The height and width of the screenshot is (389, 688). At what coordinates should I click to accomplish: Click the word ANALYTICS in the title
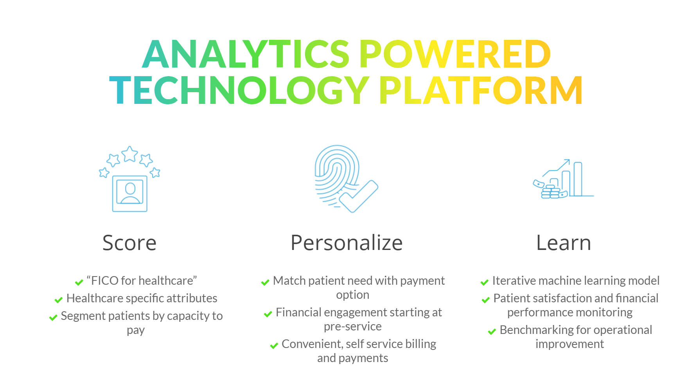(x=246, y=54)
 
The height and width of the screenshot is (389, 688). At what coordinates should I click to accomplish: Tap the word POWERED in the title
(x=455, y=54)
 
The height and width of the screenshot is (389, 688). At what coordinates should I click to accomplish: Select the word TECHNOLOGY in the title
(x=239, y=90)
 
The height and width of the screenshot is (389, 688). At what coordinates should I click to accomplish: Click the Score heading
(x=129, y=243)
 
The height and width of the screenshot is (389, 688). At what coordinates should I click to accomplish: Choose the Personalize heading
(x=347, y=243)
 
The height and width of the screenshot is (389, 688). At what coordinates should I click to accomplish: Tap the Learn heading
(x=564, y=243)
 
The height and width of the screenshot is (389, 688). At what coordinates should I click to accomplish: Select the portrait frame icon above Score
(x=130, y=194)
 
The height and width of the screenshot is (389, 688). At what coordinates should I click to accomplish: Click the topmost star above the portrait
(x=129, y=154)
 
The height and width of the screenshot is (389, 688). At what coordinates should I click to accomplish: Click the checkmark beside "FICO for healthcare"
(x=79, y=282)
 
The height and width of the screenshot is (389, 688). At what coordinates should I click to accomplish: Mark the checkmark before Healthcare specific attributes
(x=59, y=300)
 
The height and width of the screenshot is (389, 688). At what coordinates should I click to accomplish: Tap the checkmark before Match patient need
(x=265, y=282)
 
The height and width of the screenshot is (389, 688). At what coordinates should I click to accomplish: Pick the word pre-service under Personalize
(x=353, y=327)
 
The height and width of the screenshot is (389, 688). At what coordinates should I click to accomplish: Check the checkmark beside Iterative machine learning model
(x=485, y=282)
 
